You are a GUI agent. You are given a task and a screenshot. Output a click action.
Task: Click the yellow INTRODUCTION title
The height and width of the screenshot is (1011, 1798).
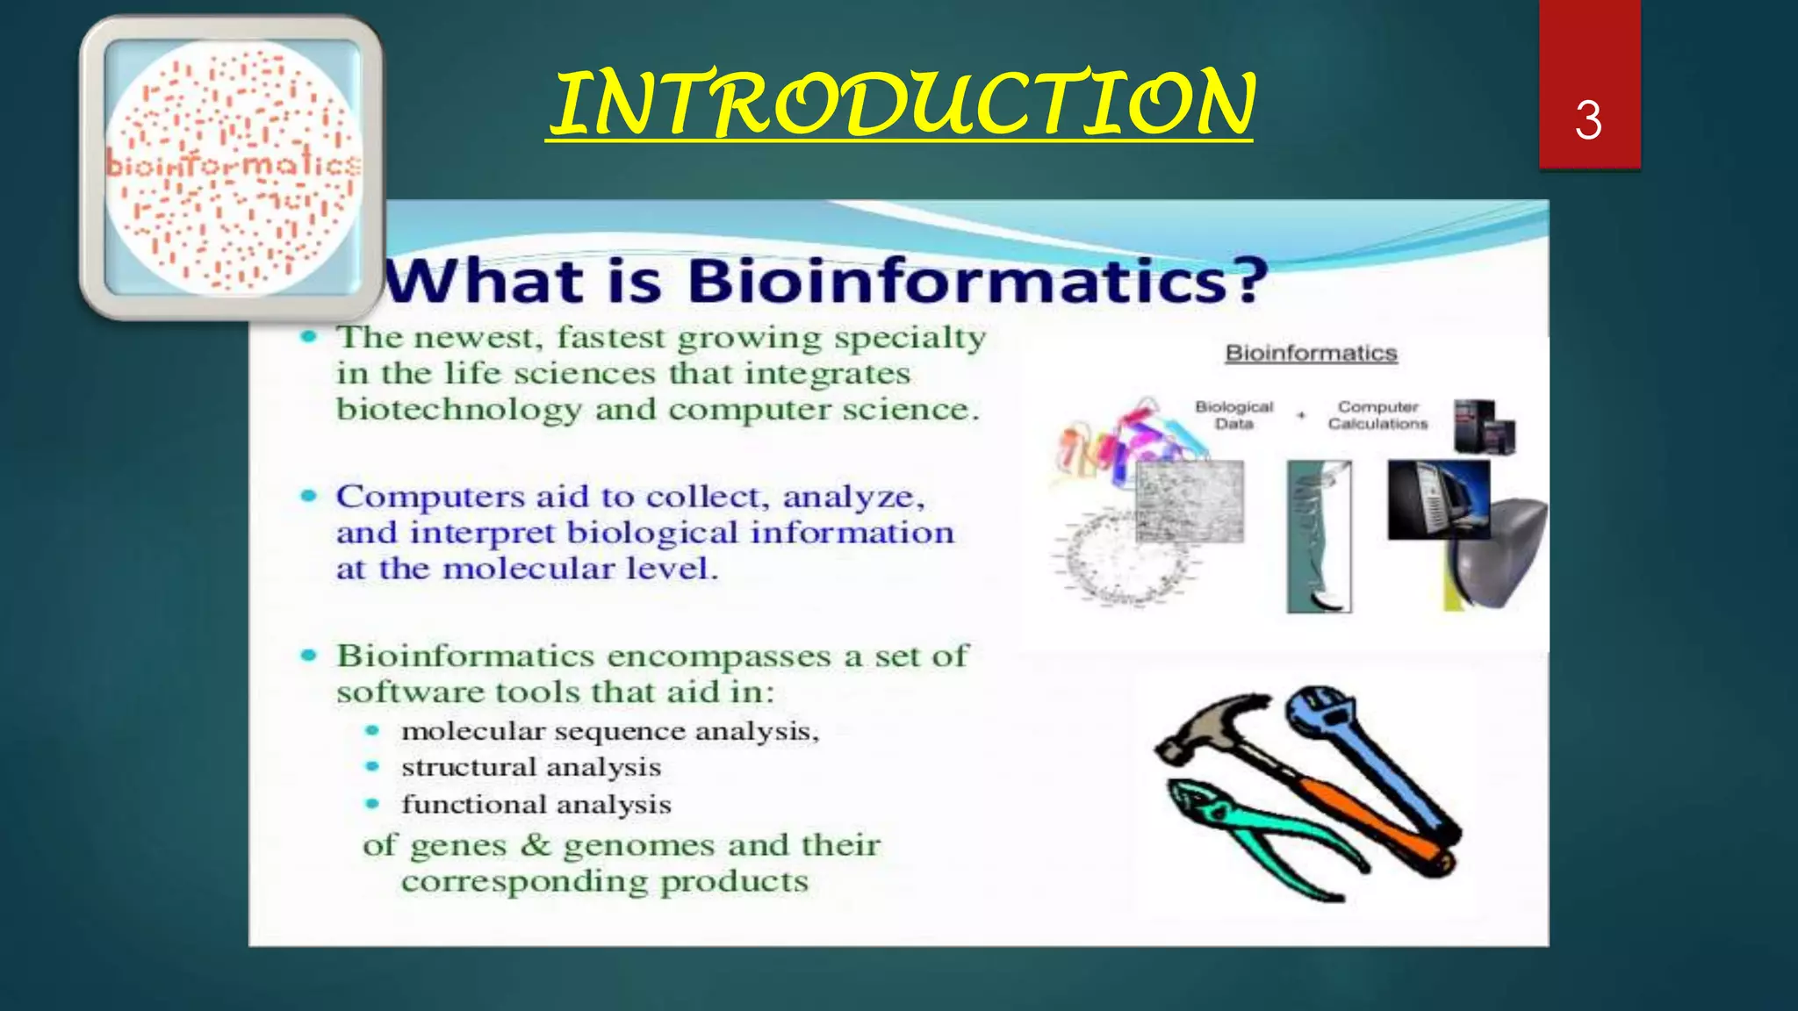pos(903,104)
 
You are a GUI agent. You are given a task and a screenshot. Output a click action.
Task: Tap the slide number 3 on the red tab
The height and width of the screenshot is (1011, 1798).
pos(1587,120)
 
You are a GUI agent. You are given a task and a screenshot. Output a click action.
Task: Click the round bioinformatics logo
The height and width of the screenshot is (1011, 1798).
pos(233,167)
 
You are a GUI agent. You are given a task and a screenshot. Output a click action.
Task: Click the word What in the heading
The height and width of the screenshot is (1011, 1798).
pos(485,281)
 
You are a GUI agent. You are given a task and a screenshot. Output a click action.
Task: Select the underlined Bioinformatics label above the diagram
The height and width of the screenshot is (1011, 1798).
pos(1311,353)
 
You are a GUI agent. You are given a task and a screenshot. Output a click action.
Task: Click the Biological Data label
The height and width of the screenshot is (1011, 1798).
pos(1233,415)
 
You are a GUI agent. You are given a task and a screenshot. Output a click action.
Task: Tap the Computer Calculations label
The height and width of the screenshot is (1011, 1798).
pos(1377,415)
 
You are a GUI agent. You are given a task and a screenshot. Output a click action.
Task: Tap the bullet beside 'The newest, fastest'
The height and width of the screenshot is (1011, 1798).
pos(308,337)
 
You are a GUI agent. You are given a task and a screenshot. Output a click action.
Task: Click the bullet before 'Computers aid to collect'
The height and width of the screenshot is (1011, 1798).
pos(308,496)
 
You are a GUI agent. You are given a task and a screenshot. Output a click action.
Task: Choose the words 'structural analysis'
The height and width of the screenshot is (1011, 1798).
pos(531,767)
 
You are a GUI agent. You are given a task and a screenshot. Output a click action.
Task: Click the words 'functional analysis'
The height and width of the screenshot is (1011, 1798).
pos(536,804)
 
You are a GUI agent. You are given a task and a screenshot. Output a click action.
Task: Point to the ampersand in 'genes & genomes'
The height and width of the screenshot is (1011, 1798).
pos(535,845)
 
